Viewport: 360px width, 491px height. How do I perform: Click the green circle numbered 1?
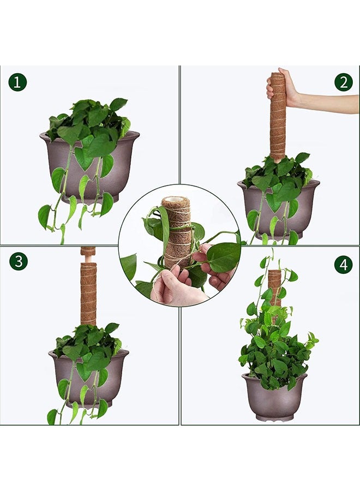pos(17,82)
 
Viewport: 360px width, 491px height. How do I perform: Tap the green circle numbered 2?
pos(344,82)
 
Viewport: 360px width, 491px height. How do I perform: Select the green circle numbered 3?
pos(19,261)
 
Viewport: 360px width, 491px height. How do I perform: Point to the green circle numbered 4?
pos(344,265)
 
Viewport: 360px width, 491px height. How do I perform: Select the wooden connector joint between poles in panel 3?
pos(88,259)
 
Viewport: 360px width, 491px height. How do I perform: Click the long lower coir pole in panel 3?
pos(88,295)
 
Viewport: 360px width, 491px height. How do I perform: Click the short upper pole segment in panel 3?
pos(88,251)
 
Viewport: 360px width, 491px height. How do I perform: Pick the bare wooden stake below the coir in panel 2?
pos(277,160)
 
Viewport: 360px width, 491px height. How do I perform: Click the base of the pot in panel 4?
pos(274,417)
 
